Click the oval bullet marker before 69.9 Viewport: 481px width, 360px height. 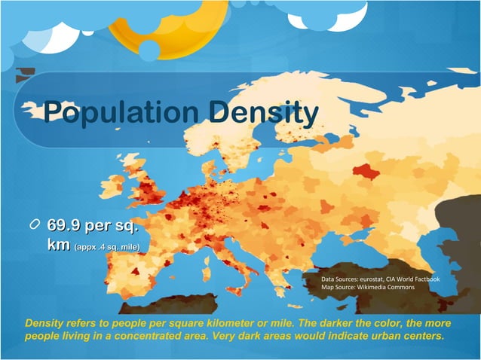35,226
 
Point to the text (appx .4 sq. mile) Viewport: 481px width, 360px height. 106,246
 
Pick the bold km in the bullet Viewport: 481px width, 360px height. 59,244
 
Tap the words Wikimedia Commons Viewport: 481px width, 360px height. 396,287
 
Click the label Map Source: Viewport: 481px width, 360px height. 342,287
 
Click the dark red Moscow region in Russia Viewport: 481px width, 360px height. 366,174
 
